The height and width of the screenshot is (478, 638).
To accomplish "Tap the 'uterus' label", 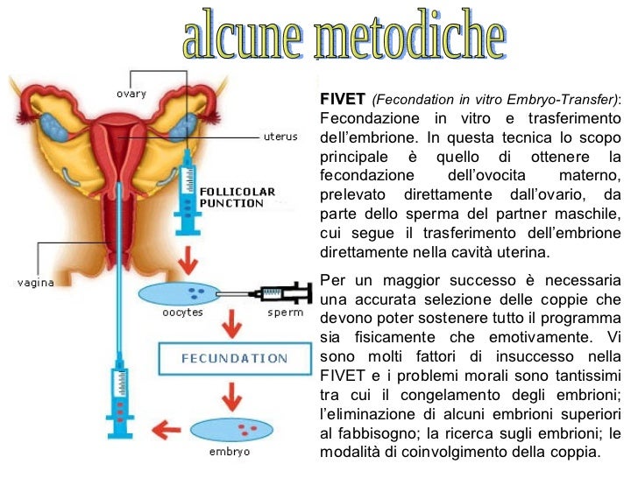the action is tap(280, 137).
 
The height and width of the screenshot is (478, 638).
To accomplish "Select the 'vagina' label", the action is tap(36, 283).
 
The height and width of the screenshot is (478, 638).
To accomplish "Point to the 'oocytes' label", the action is tap(182, 313).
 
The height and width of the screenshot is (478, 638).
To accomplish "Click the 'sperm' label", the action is tap(286, 312).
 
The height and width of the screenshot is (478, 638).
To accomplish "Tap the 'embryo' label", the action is tap(230, 452).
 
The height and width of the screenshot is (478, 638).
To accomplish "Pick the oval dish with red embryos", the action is tap(230, 429).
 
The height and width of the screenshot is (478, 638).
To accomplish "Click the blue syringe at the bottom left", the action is tap(117, 399).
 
